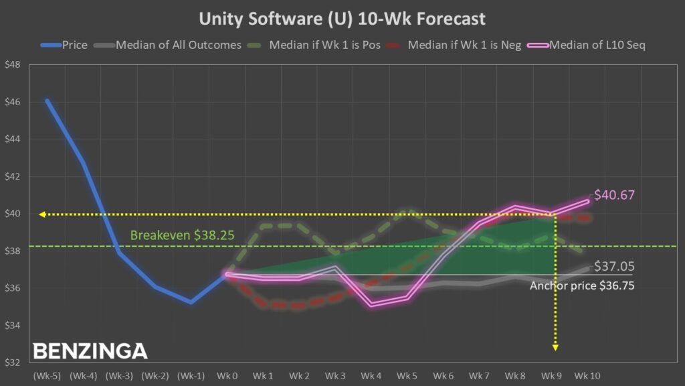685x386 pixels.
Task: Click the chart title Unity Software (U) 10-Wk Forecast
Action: [x=342, y=18]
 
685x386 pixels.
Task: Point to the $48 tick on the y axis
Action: [x=13, y=65]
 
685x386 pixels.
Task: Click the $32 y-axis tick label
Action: [x=13, y=363]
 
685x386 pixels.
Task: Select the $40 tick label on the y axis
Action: [x=13, y=214]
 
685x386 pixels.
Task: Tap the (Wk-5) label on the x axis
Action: [x=46, y=375]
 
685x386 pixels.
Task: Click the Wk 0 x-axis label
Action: [x=227, y=375]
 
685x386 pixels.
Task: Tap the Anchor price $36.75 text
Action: [x=581, y=285]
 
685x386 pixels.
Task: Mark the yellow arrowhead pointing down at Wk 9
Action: [x=555, y=346]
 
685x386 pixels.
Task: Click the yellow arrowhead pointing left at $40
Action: [x=42, y=214]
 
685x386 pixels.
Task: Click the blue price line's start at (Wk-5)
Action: [x=47, y=101]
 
